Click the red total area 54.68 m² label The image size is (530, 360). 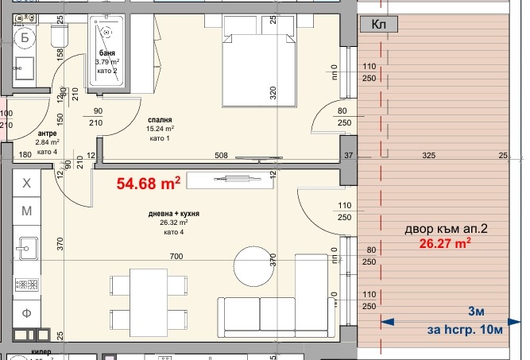coord(149,184)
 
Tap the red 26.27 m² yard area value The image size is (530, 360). coord(445,244)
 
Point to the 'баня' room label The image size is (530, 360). coord(107,52)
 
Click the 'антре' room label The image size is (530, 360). coord(47,134)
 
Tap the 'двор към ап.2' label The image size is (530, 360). coord(445,230)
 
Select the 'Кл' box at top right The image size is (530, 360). coord(380,25)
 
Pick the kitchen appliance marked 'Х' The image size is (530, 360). coord(26,184)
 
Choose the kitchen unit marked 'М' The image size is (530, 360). coord(26,211)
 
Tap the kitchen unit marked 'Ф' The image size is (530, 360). coord(26,313)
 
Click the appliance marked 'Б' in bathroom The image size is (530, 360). coord(25,37)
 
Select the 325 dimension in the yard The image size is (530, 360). coord(428,156)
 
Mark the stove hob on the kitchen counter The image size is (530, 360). coord(25,284)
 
